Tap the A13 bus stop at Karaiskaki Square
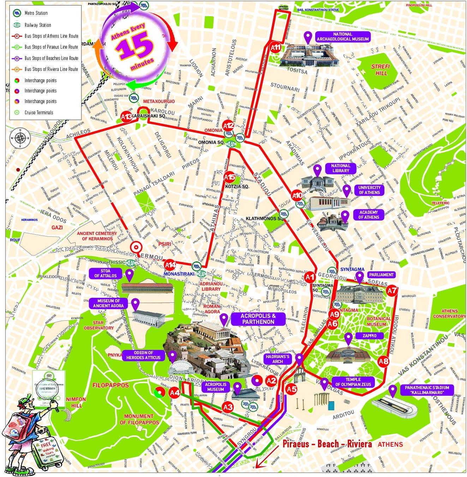(126, 116)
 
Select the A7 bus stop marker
(392, 291)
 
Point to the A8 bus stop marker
(383, 361)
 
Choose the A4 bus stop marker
(175, 392)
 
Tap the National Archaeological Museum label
(342, 37)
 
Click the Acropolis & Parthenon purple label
(258, 319)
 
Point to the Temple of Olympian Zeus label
(353, 382)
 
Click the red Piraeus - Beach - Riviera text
(327, 444)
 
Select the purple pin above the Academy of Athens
(345, 215)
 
